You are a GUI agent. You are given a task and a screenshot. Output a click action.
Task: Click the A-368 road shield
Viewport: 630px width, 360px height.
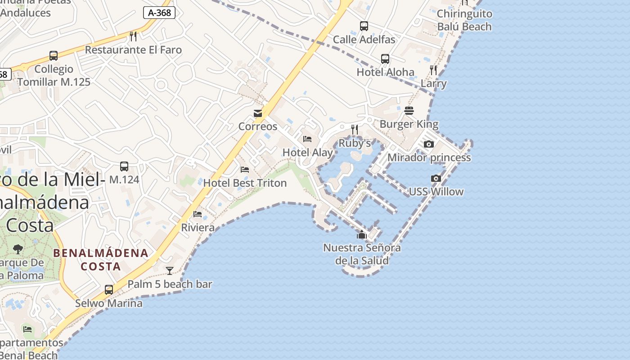coord(159,13)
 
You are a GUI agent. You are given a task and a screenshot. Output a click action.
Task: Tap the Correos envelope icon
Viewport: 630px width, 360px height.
coord(258,113)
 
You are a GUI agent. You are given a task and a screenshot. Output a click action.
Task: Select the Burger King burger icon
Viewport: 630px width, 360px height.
coord(409,111)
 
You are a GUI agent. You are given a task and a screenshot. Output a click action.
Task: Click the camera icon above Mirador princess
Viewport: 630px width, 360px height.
coord(429,144)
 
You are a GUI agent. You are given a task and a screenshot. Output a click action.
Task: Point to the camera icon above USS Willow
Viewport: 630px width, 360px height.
coord(436,179)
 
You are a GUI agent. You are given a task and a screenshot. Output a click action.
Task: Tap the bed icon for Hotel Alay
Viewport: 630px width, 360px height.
coord(307,139)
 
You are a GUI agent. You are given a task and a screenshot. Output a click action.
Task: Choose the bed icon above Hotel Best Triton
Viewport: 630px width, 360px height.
coord(245,170)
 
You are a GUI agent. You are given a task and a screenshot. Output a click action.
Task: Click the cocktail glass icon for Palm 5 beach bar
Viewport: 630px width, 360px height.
coord(170,270)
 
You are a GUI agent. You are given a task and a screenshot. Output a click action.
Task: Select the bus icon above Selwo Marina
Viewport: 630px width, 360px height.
coord(109,289)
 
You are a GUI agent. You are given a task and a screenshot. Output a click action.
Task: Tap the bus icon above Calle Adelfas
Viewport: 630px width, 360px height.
coord(364,26)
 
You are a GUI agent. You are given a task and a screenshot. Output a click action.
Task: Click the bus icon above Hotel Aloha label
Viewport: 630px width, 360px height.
coord(385,58)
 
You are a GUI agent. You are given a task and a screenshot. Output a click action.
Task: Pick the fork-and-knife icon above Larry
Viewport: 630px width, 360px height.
coord(433,70)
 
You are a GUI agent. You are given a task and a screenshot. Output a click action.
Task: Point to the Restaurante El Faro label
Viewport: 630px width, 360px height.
coord(133,49)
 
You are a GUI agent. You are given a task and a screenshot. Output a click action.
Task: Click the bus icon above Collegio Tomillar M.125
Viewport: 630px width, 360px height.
coord(54,56)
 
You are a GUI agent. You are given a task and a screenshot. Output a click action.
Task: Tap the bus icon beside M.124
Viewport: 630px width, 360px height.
coord(124,166)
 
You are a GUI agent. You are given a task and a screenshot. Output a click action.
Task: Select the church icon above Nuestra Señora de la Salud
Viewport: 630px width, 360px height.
coord(362,234)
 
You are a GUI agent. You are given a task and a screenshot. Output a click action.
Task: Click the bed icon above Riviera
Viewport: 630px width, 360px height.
coord(198,214)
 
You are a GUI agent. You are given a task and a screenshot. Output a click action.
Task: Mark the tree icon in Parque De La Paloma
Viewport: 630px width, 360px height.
coord(18,249)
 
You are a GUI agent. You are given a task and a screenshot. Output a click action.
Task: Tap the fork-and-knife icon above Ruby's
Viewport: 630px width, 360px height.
coord(355,130)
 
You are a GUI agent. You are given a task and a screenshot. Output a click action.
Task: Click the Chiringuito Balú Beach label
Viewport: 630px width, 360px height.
coord(464,20)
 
